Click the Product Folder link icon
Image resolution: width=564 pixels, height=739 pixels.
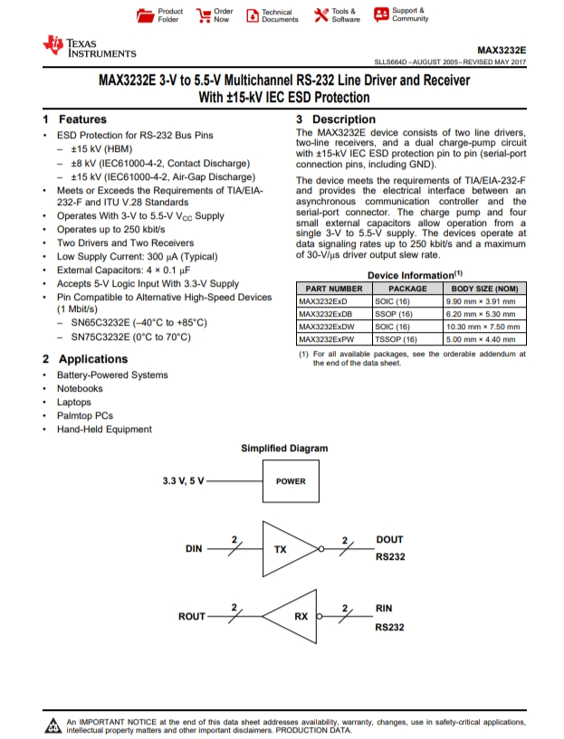coord(144,15)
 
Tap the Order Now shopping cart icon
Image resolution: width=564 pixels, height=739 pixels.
coord(204,15)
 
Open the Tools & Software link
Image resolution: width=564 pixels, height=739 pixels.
coord(337,15)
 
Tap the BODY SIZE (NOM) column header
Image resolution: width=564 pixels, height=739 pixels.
coord(484,289)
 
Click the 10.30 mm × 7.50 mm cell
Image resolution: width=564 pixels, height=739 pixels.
coord(483,327)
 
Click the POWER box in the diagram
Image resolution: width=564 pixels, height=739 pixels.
coord(291,481)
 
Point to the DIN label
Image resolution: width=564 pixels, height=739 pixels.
coord(194,549)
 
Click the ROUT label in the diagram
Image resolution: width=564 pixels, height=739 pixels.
coord(191,617)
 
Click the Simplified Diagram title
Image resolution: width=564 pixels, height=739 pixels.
coord(284,449)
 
